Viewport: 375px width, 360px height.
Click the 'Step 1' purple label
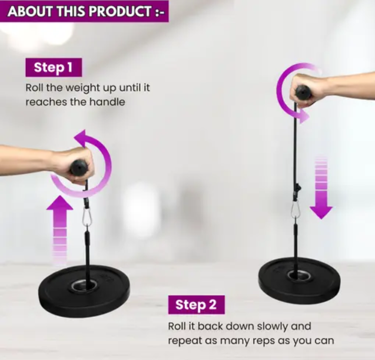[54, 67]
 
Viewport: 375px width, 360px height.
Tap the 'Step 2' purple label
[197, 305]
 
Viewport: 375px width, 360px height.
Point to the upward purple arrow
[60, 230]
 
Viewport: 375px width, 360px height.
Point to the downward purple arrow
[321, 188]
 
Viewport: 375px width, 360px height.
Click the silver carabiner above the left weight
[87, 217]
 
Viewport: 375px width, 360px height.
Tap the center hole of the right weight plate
[300, 276]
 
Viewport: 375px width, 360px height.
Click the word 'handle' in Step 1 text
[107, 102]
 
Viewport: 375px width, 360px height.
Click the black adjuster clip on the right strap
[297, 187]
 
